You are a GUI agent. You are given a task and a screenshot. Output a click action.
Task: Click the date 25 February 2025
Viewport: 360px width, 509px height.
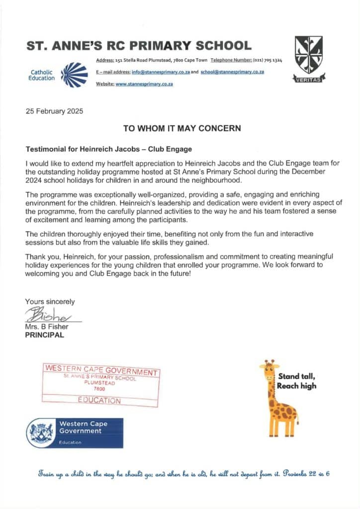click(55, 111)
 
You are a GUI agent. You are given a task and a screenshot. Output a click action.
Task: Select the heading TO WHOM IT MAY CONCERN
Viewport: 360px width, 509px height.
click(182, 128)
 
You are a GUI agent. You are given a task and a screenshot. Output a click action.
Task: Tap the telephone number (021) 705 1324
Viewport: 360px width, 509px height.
click(268, 60)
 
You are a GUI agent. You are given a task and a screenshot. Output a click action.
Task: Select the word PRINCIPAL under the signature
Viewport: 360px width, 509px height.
click(45, 335)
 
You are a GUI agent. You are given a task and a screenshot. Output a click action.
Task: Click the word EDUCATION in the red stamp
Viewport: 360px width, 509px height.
click(99, 400)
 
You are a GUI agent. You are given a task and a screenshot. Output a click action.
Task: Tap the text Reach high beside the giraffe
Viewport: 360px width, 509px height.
click(296, 386)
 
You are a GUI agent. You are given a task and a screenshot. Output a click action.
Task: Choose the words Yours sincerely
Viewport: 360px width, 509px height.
click(50, 302)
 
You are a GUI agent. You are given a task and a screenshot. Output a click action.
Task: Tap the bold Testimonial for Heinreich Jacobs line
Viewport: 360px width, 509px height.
click(108, 149)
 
